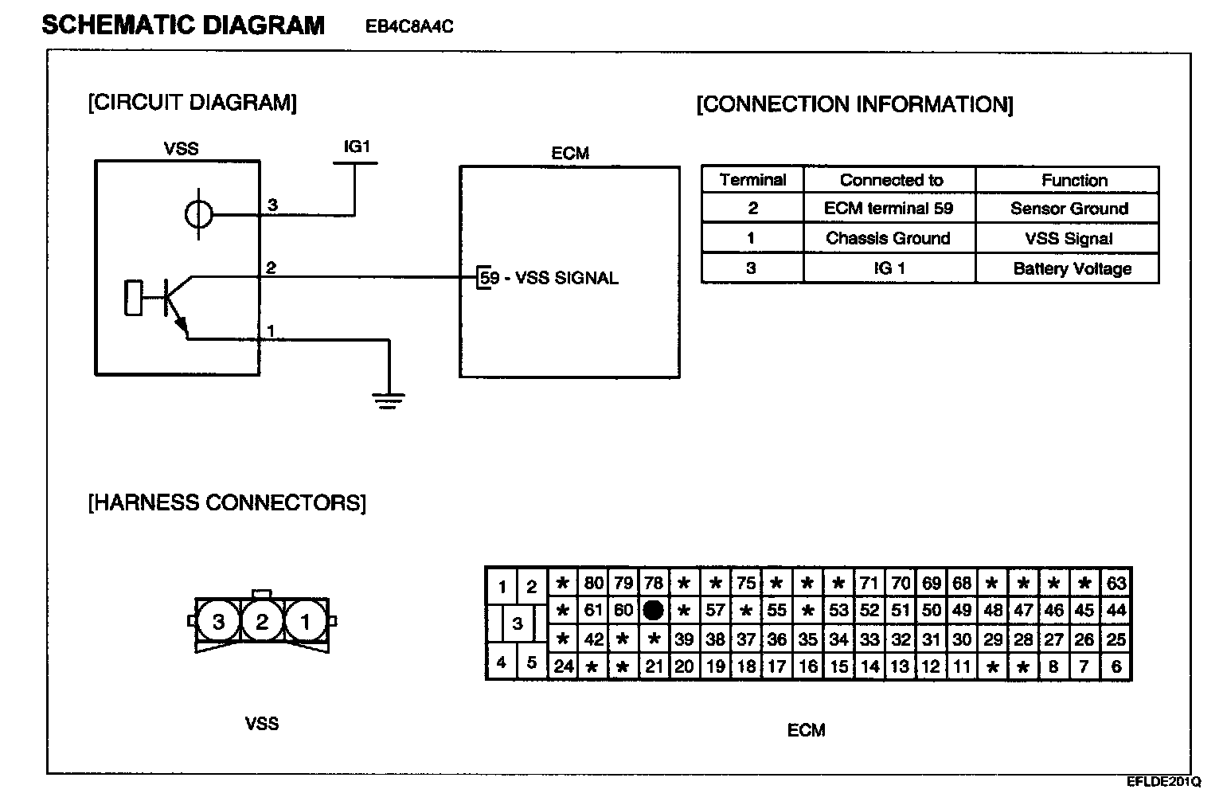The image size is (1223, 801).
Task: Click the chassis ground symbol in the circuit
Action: [389, 400]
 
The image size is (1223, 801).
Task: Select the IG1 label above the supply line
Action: [357, 147]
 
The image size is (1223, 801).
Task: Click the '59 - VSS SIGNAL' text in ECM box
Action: [549, 278]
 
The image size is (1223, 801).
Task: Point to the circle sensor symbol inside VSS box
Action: [198, 213]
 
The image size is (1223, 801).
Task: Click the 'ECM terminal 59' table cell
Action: [889, 209]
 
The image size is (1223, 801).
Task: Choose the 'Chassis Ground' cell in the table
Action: [889, 238]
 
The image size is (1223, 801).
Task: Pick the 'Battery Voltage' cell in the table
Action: [1072, 268]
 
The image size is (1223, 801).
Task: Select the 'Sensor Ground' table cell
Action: [1069, 209]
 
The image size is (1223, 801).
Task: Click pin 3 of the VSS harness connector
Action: [219, 621]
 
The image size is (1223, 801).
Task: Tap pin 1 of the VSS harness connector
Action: [305, 621]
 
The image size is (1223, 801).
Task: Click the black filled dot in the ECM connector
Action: [653, 611]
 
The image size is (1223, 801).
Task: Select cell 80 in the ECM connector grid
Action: [593, 583]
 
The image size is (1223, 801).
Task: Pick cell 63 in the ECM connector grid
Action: [1116, 583]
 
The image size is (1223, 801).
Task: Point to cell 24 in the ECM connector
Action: [563, 666]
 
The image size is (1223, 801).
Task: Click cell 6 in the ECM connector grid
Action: [1116, 666]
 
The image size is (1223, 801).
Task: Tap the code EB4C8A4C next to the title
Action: [409, 27]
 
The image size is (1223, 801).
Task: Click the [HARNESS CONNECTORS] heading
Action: [227, 503]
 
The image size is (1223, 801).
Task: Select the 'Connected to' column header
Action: [891, 180]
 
